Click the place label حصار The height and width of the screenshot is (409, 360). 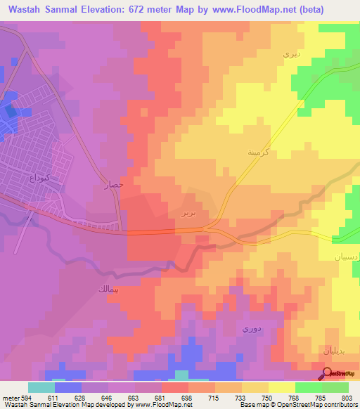(114, 186)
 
